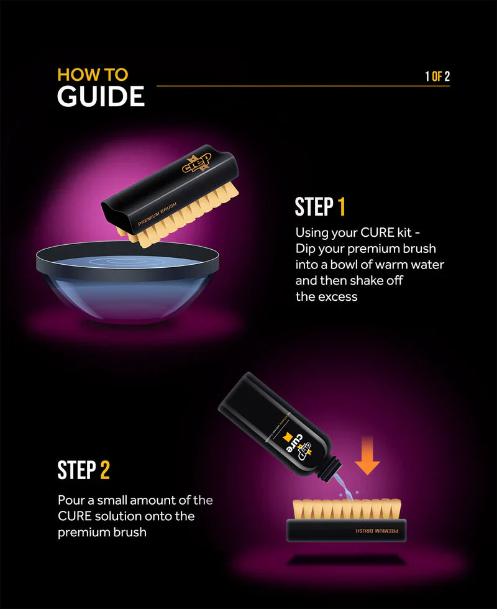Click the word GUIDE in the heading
101,98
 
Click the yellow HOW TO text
93,75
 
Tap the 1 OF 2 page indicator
437,76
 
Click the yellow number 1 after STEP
341,207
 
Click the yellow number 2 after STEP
104,470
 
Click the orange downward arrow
368,456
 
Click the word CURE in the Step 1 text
377,233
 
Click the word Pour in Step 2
70,500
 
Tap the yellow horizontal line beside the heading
286,86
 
